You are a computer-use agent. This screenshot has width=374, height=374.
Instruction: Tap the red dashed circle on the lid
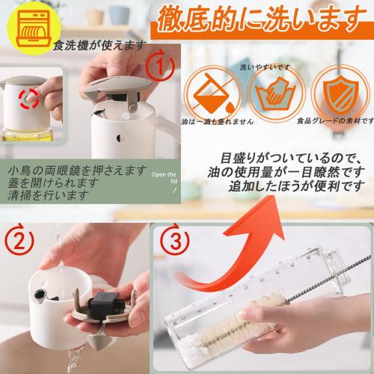pyautogui.click(x=29, y=97)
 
